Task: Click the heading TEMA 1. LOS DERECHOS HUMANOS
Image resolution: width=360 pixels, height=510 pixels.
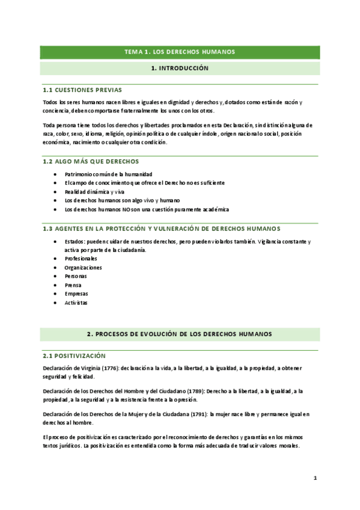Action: coord(180,52)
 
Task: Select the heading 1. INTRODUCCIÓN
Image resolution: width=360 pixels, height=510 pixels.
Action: coord(180,69)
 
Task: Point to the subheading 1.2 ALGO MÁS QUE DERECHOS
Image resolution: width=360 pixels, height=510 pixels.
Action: coord(91,161)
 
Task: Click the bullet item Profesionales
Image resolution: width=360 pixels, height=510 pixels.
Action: coord(80,259)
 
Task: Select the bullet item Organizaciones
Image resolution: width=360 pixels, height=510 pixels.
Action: coord(83,268)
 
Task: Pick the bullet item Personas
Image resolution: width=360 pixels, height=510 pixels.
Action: coord(75,276)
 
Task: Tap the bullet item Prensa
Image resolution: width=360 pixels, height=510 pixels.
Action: coord(73,285)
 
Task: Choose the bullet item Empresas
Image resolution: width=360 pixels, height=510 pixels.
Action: coord(76,294)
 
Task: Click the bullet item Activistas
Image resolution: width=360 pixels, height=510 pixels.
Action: coord(76,303)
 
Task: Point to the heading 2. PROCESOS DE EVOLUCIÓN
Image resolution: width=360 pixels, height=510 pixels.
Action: coord(180,334)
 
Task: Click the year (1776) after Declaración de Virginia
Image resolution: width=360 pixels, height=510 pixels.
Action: coord(107,367)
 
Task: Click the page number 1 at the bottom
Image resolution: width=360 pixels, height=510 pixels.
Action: coord(314,478)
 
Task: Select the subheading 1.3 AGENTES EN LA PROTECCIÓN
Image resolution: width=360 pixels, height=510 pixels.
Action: coord(162,229)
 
